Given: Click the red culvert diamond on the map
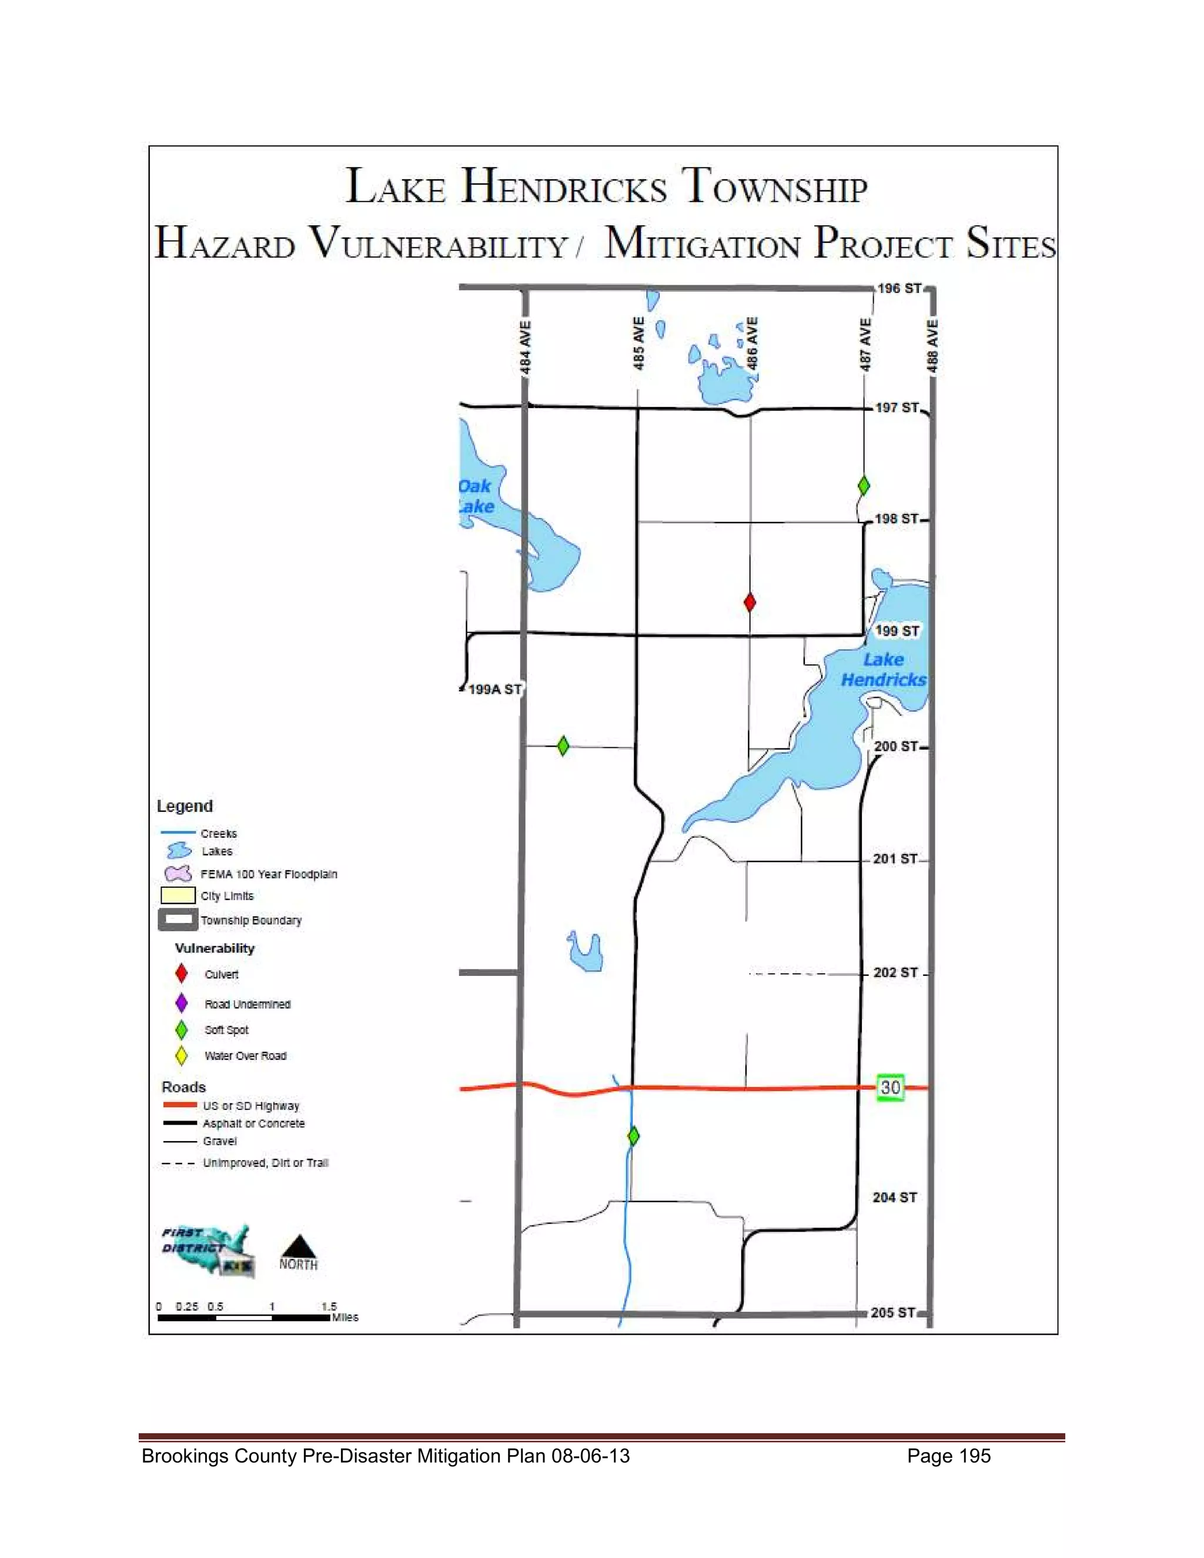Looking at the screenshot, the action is (749, 602).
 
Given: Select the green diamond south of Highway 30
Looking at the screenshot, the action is (633, 1136).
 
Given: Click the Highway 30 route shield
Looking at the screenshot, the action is (890, 1087).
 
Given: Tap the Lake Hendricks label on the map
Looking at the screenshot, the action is (883, 670).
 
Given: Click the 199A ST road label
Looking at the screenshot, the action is (494, 690).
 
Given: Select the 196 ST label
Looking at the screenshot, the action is (899, 289).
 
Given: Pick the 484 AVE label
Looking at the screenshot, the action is (525, 347).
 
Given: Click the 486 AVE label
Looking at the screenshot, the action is (752, 344).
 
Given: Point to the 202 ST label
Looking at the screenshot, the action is (895, 973).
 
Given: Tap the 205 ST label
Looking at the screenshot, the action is (892, 1313).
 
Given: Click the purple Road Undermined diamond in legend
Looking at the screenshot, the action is (181, 1003).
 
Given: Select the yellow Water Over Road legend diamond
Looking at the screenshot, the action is (181, 1056).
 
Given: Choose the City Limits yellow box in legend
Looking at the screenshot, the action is (178, 895).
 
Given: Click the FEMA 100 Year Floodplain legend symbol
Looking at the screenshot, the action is (178, 874).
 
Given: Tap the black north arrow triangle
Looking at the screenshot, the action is (299, 1246).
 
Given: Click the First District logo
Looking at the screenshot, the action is (207, 1250).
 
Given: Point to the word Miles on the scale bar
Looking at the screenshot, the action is (345, 1318).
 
